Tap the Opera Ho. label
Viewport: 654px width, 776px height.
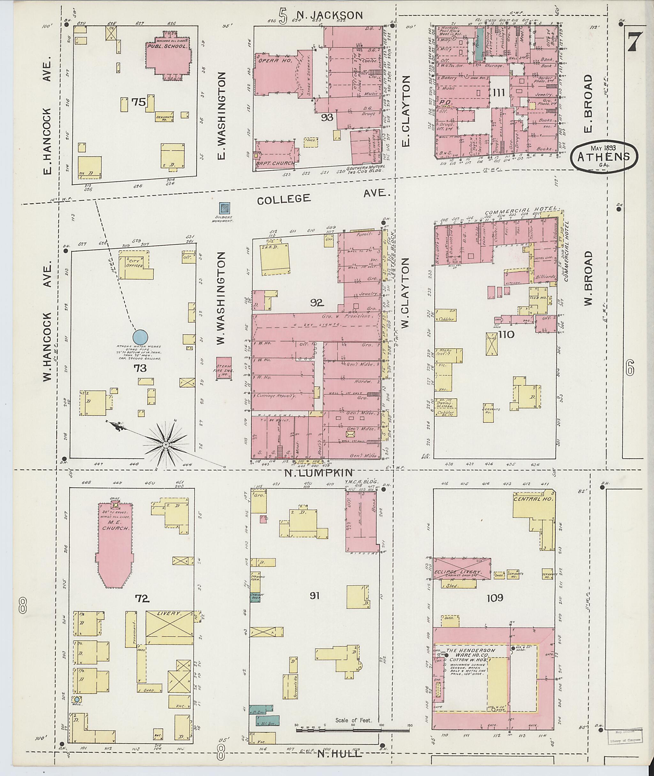(x=271, y=60)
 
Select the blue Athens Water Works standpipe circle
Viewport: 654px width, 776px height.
(x=141, y=337)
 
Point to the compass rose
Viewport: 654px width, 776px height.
(x=166, y=444)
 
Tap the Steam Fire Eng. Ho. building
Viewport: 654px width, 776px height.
(x=224, y=368)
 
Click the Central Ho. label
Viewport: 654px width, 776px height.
(x=533, y=500)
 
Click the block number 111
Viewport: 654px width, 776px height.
(x=499, y=93)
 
